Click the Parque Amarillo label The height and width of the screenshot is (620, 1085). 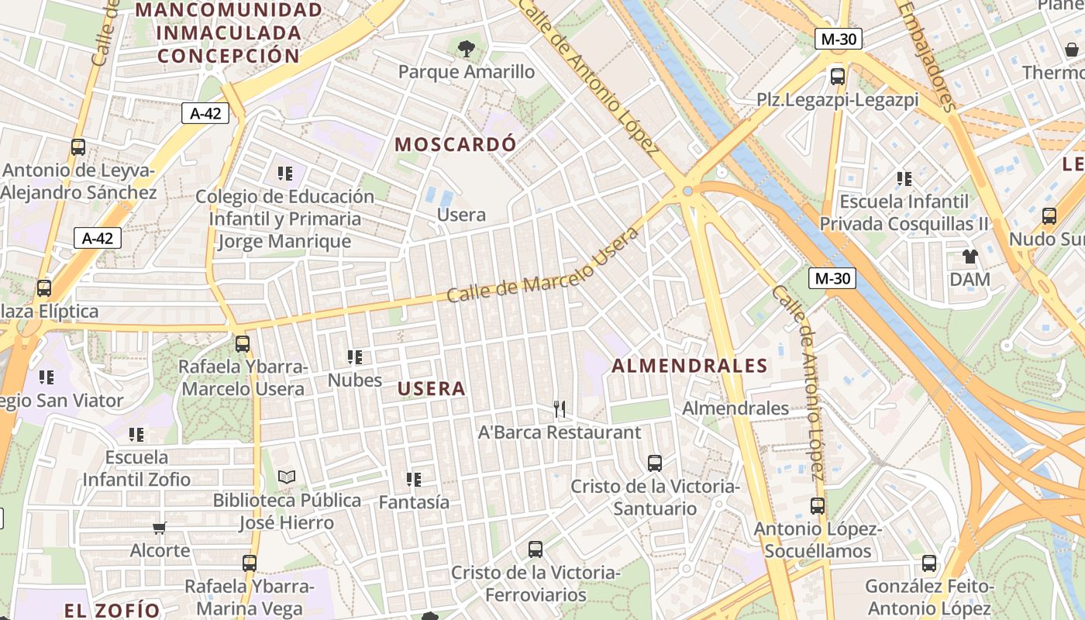click(467, 72)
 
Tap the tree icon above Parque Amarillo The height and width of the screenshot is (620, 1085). click(467, 50)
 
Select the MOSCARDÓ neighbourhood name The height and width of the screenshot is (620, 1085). click(455, 144)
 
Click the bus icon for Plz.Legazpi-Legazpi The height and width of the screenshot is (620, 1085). click(838, 76)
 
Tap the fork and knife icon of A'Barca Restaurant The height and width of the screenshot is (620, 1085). click(560, 408)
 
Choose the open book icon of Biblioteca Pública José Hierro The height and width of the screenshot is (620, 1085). click(287, 477)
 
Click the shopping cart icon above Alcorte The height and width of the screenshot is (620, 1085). click(159, 529)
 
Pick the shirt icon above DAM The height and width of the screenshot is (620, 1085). click(970, 256)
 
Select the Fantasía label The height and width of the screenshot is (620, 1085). click(414, 502)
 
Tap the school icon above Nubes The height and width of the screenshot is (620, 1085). click(355, 357)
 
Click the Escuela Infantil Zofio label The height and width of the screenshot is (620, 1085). click(136, 468)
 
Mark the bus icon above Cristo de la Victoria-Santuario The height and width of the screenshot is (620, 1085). click(655, 463)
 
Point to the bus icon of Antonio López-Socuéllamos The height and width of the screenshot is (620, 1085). click(818, 506)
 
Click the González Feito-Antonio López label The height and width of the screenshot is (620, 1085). click(928, 597)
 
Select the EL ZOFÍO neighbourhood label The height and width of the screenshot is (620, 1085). click(112, 610)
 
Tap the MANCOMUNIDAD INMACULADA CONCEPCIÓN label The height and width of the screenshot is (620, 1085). click(228, 33)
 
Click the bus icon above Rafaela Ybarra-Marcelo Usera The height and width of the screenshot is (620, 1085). click(243, 343)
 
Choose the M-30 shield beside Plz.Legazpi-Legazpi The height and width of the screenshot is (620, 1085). click(839, 39)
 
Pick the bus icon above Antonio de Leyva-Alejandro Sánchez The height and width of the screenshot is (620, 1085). click(78, 147)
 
